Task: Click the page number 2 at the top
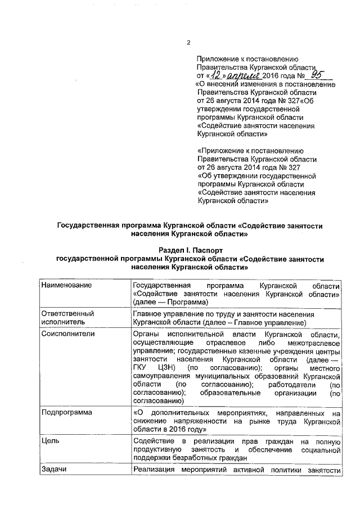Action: [x=189, y=43]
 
